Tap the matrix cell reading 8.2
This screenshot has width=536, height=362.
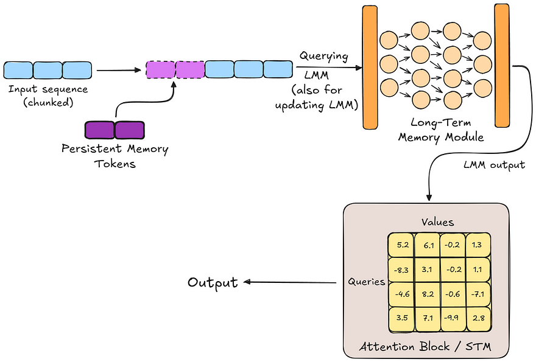(x=427, y=294)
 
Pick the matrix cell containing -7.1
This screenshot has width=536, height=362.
(x=477, y=294)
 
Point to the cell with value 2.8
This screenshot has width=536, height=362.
(x=477, y=318)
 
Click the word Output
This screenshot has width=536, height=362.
(x=213, y=283)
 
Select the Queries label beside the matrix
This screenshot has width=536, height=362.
(x=367, y=282)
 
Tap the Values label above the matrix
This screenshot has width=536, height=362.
(x=439, y=223)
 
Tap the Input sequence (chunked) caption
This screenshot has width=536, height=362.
(x=48, y=95)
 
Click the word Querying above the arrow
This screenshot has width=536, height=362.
(x=323, y=57)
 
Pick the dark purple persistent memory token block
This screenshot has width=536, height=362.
(x=115, y=130)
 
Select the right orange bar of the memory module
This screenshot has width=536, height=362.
(x=502, y=66)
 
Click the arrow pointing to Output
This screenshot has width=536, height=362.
(x=289, y=282)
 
